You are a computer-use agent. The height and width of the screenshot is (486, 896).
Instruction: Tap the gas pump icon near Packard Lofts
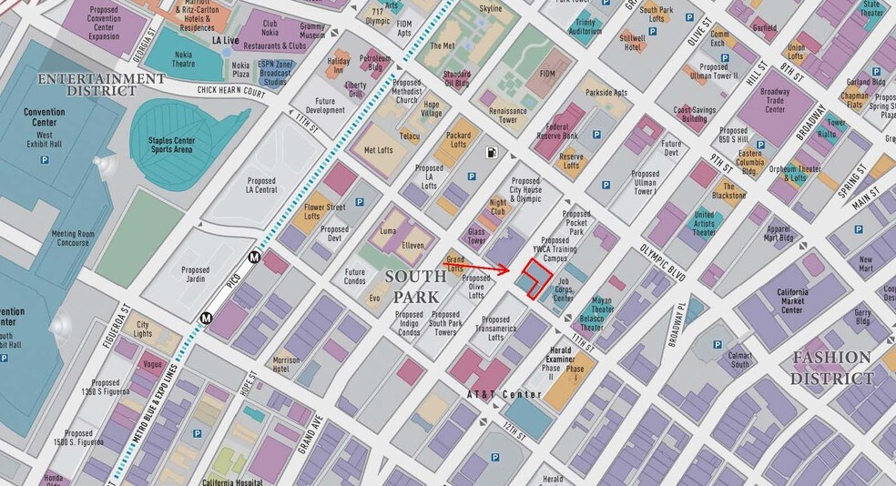click(x=493, y=153)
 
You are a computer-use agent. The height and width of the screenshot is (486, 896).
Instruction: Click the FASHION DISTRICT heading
click(x=830, y=367)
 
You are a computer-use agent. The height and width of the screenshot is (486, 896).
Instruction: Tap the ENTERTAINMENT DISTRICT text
click(x=101, y=86)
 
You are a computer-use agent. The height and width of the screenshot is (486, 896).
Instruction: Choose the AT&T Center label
click(x=504, y=394)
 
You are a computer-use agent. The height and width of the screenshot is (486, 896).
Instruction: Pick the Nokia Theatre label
click(x=183, y=59)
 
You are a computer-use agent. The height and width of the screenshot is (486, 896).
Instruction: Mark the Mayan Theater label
click(x=603, y=304)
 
